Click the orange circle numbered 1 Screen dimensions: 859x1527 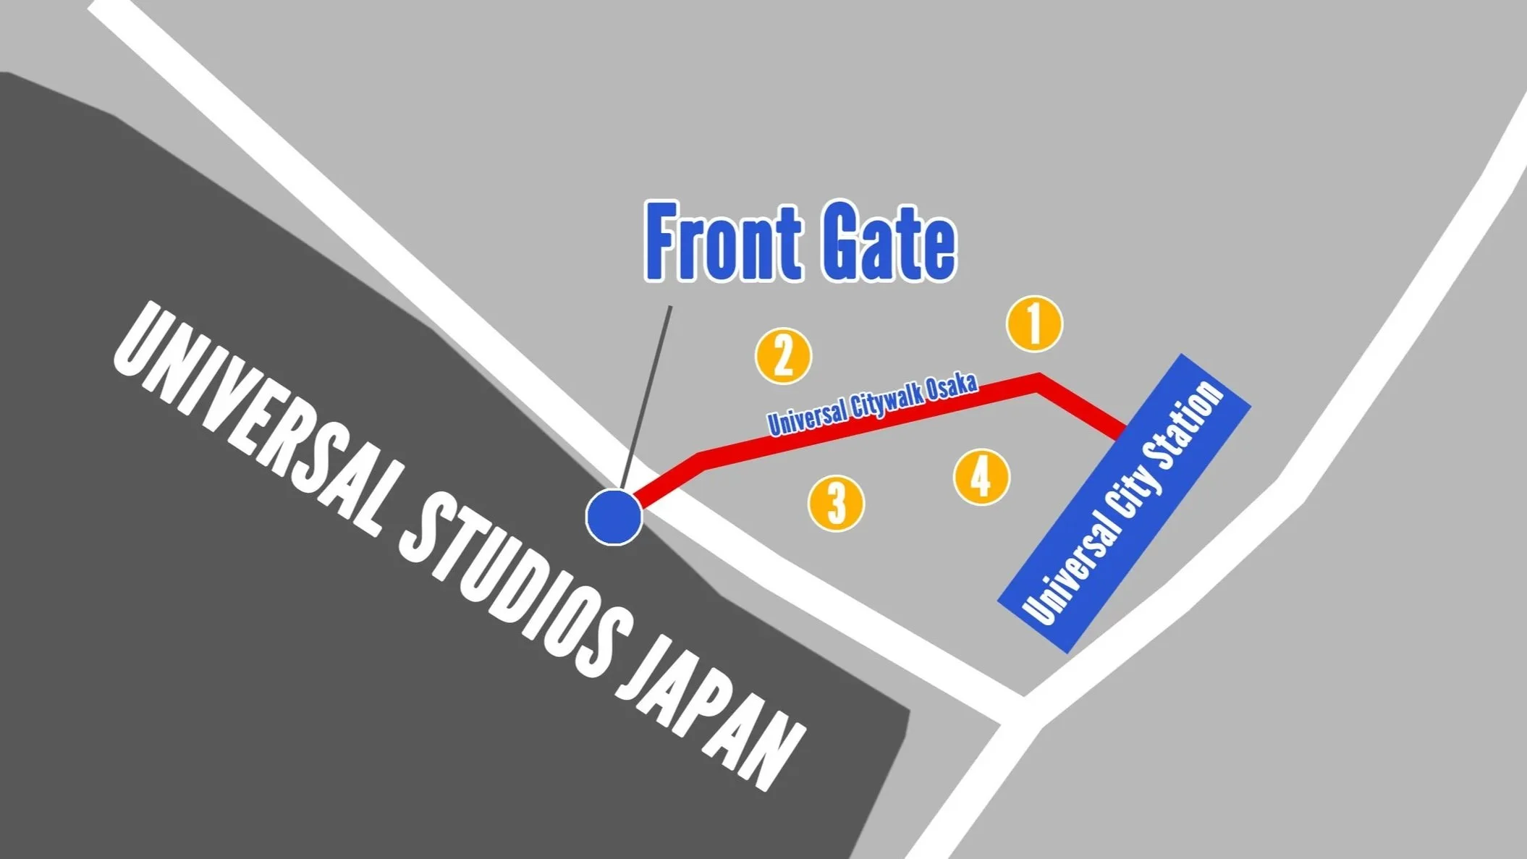[1034, 323]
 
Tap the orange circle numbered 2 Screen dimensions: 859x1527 [783, 356]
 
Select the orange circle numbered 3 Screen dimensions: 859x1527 [836, 503]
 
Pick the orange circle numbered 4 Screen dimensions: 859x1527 [981, 477]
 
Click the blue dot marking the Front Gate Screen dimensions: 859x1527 [614, 517]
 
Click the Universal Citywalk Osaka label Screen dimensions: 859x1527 [872, 405]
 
